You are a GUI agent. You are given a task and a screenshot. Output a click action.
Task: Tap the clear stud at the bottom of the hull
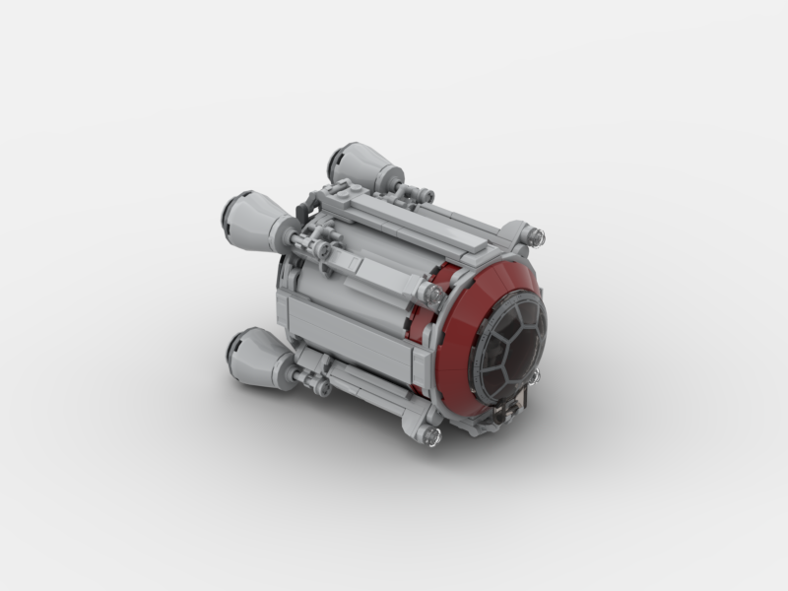coord(431,434)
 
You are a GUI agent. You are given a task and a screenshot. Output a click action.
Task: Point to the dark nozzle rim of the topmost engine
coord(339,158)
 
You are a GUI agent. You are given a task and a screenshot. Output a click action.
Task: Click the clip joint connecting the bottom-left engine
coord(315,379)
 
